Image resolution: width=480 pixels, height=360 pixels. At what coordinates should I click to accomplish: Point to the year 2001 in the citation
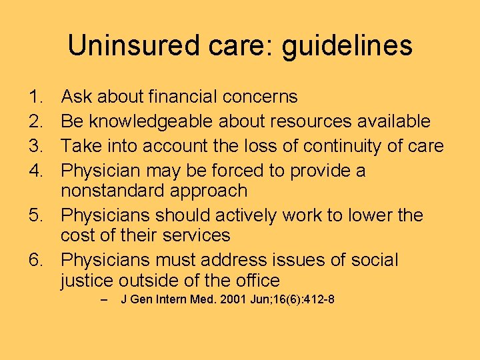(x=217, y=300)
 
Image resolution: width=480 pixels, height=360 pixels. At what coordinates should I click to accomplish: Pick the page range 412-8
(x=314, y=300)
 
